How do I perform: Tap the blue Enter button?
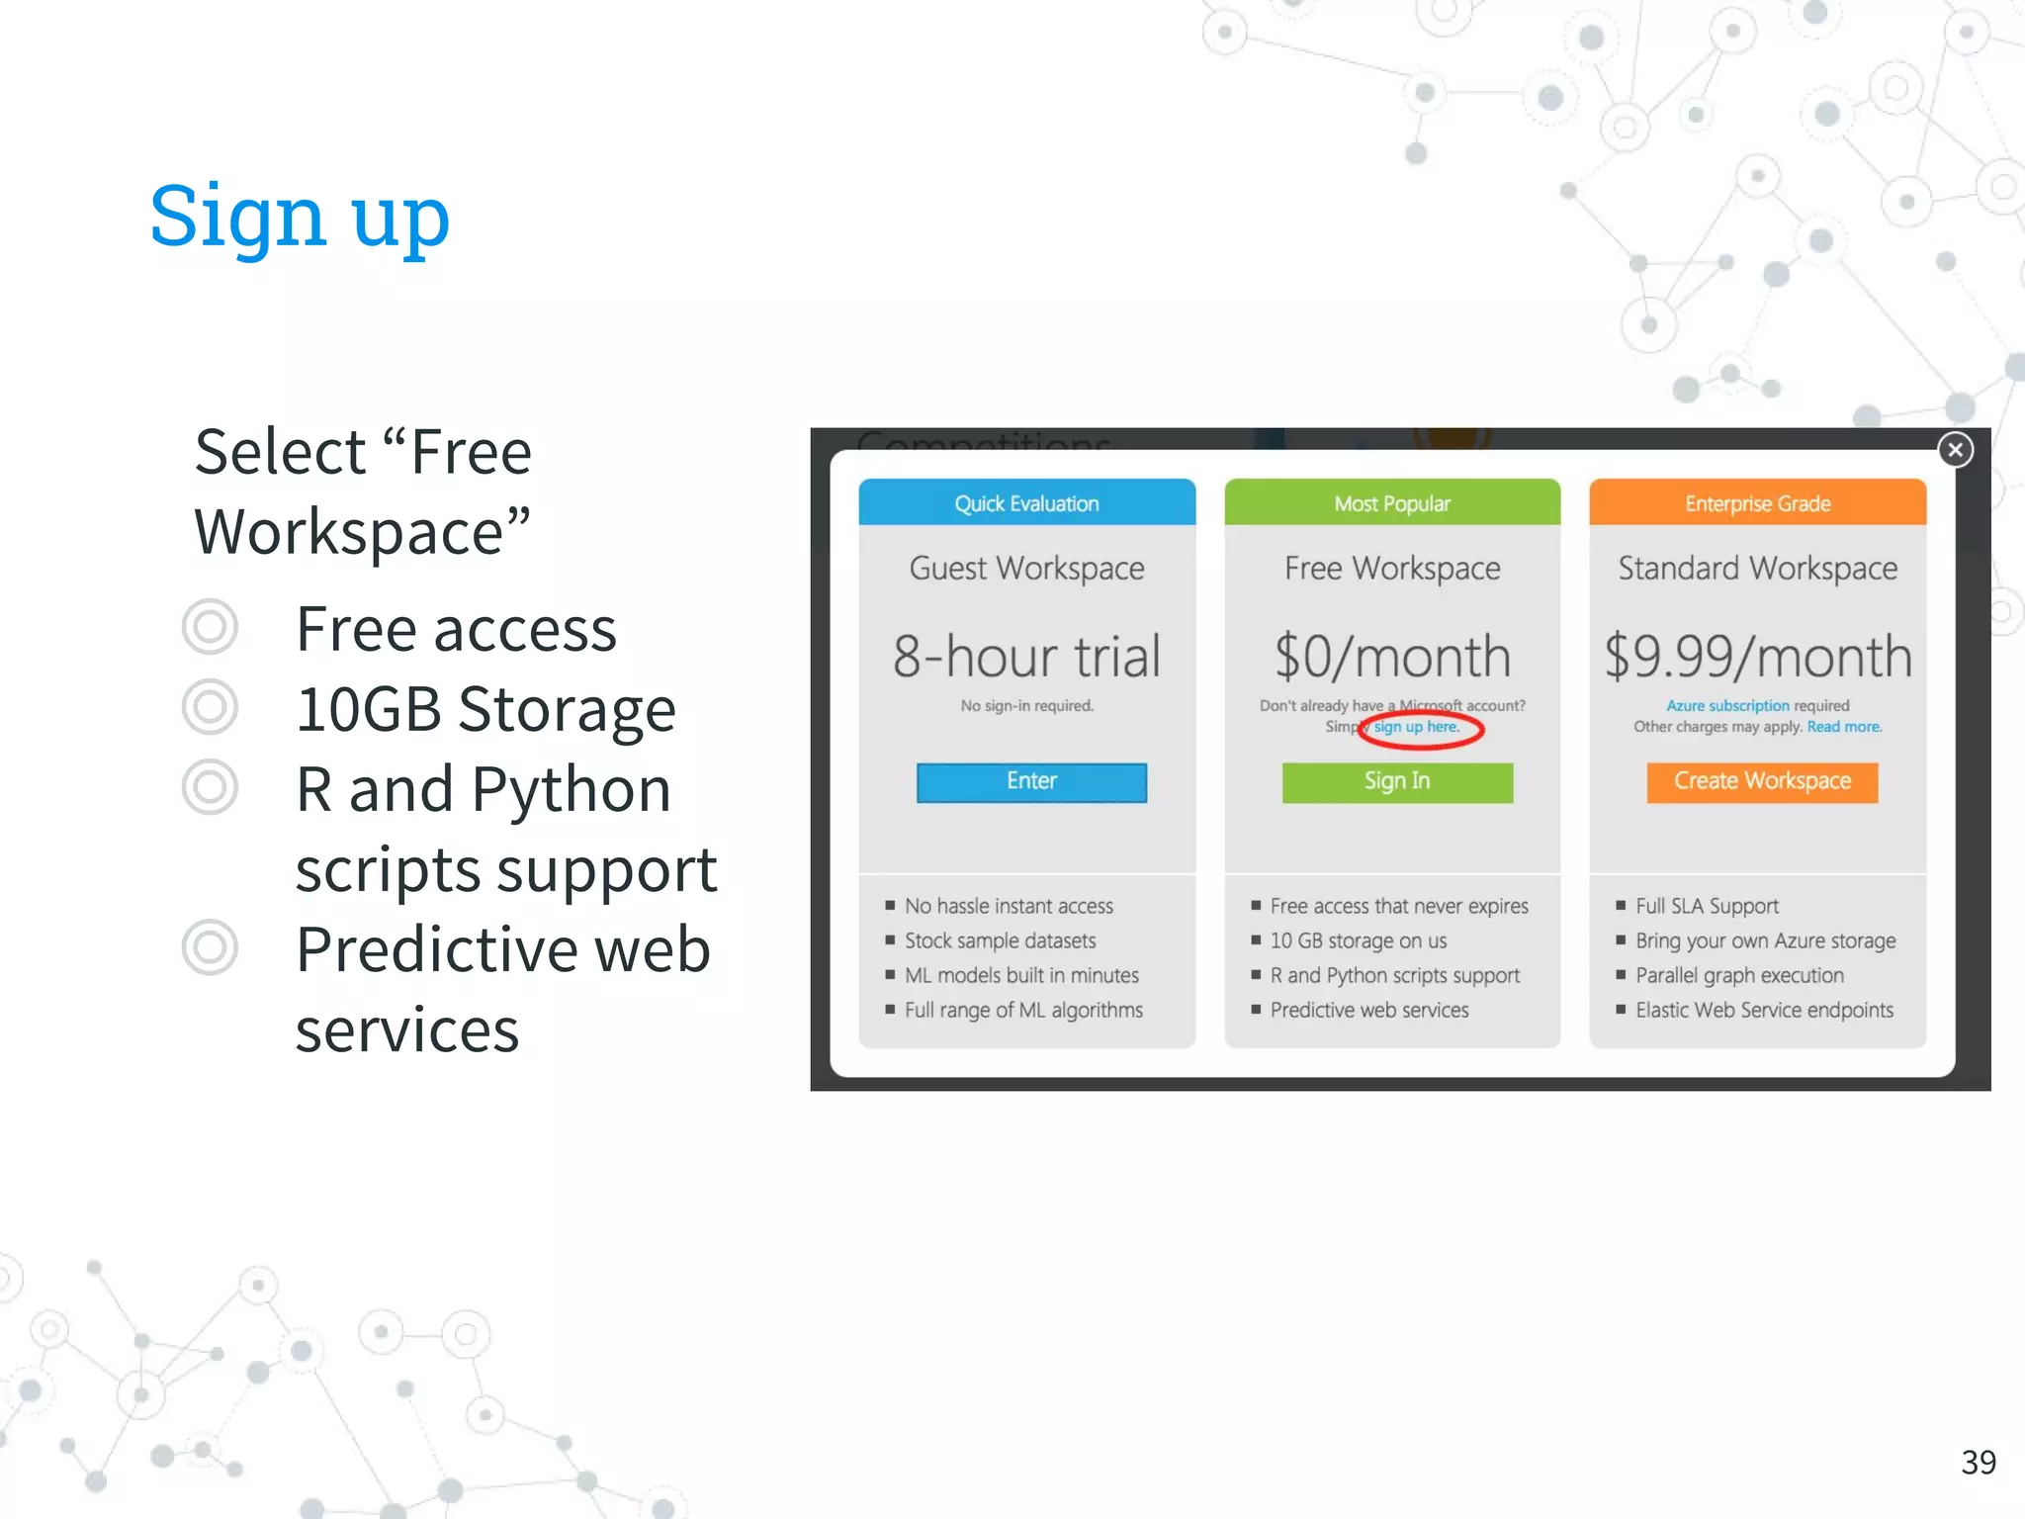click(x=1031, y=781)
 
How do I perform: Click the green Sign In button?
click(x=1396, y=781)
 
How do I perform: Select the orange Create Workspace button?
click(x=1761, y=781)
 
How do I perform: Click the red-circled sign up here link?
click(x=1416, y=727)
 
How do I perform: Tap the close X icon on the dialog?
click(x=1955, y=450)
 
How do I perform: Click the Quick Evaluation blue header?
click(x=1026, y=503)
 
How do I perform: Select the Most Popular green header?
click(x=1392, y=503)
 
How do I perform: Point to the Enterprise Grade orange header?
click(x=1757, y=503)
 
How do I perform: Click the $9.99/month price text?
click(x=1757, y=657)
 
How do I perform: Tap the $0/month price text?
click(x=1392, y=657)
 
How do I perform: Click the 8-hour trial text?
click(x=1026, y=657)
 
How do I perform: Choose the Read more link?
click(x=1844, y=727)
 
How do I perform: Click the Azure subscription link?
click(x=1727, y=706)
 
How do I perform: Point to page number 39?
click(x=1979, y=1462)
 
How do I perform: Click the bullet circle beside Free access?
click(x=211, y=627)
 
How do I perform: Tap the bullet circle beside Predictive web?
click(x=211, y=947)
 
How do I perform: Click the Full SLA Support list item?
click(x=1707, y=906)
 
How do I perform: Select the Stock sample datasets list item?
click(x=1000, y=940)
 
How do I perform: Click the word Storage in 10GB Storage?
click(x=567, y=709)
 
